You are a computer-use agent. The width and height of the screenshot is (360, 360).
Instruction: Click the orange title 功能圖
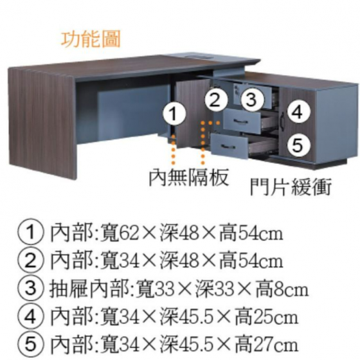pyautogui.click(x=91, y=39)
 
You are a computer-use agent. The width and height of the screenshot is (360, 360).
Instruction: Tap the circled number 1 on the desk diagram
pyautogui.click(x=174, y=114)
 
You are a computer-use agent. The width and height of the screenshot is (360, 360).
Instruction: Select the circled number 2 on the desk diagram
pyautogui.click(x=215, y=100)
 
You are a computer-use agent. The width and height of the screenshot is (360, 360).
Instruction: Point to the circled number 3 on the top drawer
pyautogui.click(x=252, y=100)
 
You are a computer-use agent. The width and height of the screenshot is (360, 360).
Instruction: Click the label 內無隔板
pyautogui.click(x=189, y=177)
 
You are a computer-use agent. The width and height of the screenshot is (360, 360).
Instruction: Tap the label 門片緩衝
pyautogui.click(x=291, y=186)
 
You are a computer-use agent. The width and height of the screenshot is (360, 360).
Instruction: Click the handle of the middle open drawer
pyautogui.click(x=240, y=122)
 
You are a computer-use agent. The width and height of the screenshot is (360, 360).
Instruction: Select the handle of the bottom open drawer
pyautogui.click(x=228, y=147)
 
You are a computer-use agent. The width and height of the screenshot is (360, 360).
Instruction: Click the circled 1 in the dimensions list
pyautogui.click(x=30, y=231)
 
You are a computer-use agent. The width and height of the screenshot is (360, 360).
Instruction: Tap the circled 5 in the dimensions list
pyautogui.click(x=30, y=344)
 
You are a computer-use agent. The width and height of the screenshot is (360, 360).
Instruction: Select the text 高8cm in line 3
pyautogui.click(x=282, y=289)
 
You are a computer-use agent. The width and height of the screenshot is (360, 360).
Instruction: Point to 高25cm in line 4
pyautogui.click(x=266, y=317)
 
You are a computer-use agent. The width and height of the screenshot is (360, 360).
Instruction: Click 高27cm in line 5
pyautogui.click(x=266, y=345)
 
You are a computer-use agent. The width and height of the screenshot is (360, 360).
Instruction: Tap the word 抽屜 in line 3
pyautogui.click(x=69, y=289)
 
